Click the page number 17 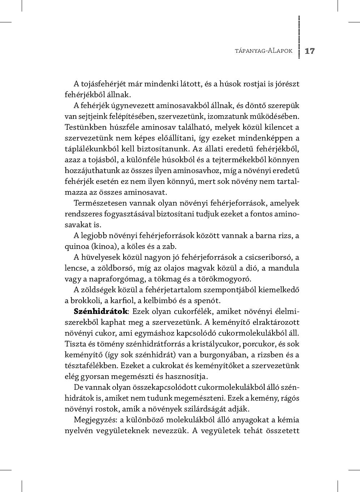310,51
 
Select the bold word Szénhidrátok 100,311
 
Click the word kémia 289,420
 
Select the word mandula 284,268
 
